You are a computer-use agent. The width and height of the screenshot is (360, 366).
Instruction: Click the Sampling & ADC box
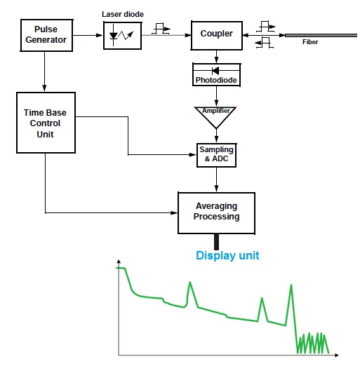click(217, 155)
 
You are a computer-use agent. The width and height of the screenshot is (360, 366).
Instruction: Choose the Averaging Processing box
click(216, 211)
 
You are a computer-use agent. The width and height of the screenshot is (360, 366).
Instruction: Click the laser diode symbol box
click(122, 35)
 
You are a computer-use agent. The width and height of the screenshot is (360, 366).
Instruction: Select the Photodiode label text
click(217, 81)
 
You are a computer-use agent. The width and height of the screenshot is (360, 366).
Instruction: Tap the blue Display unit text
click(227, 256)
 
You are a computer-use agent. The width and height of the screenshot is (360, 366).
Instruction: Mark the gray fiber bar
click(321, 34)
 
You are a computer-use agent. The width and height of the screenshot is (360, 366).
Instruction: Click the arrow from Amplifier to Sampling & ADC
click(217, 137)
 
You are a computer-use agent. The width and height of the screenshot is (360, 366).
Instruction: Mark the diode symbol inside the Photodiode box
click(217, 71)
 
